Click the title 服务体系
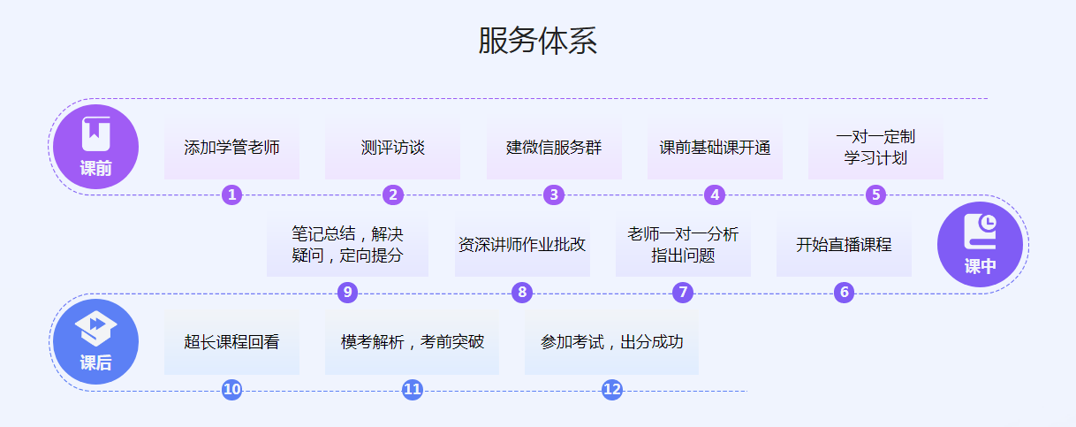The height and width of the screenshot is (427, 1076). [x=537, y=42]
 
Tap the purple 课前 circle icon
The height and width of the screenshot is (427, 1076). [x=95, y=147]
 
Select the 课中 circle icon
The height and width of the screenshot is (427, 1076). [x=980, y=245]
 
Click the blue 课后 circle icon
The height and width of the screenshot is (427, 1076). [x=95, y=342]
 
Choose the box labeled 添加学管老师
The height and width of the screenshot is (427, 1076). [x=231, y=148]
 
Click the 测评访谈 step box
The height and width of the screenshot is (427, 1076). [x=392, y=148]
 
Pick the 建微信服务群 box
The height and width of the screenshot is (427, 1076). [x=554, y=148]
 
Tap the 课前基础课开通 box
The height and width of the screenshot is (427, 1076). [x=715, y=148]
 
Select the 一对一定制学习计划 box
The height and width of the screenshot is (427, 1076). [x=875, y=148]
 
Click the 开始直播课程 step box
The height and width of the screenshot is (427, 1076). [x=844, y=245]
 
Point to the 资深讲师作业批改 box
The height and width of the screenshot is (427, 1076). [x=522, y=245]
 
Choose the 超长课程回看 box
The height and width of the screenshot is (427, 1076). [x=231, y=342]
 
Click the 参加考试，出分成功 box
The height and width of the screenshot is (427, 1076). [x=611, y=342]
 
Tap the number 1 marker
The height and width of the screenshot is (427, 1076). [x=231, y=195]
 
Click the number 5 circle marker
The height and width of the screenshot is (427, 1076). [x=875, y=195]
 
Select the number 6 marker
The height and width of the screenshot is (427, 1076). [x=844, y=293]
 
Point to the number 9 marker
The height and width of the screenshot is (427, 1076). [x=347, y=293]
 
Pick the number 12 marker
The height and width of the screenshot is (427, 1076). [x=612, y=390]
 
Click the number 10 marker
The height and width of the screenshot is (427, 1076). [x=231, y=390]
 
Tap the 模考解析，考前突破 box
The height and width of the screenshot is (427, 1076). [x=412, y=342]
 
